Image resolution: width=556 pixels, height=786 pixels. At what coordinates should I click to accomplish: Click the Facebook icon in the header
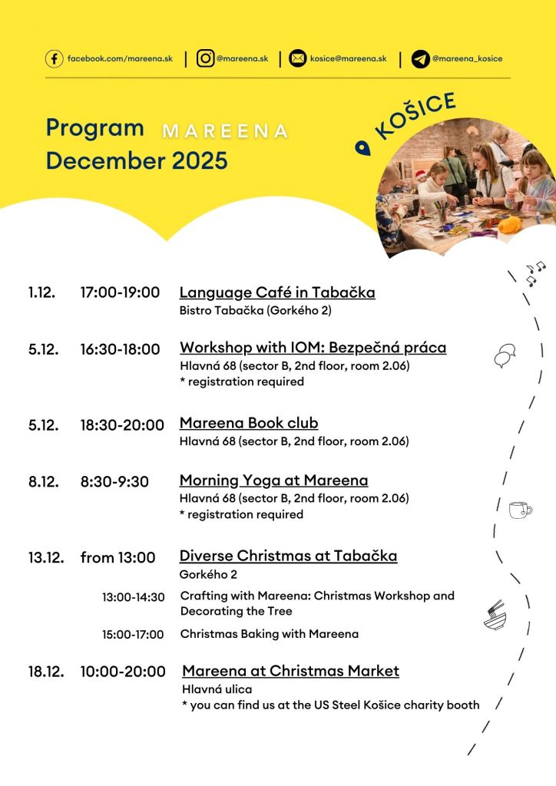click(54, 59)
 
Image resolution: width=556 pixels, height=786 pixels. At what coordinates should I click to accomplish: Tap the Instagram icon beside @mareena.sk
click(205, 59)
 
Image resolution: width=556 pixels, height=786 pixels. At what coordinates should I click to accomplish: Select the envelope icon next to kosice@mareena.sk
click(297, 59)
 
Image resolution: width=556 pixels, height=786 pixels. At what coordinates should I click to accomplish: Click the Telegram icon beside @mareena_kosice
click(420, 59)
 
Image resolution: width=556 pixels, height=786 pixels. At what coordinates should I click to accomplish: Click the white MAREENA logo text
click(225, 131)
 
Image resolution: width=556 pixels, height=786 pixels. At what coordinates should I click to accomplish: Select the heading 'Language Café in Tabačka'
click(277, 292)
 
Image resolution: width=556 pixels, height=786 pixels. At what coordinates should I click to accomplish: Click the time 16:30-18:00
click(120, 349)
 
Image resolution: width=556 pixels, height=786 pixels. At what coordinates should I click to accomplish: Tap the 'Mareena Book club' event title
click(249, 423)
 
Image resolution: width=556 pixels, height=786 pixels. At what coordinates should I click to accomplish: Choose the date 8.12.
click(44, 481)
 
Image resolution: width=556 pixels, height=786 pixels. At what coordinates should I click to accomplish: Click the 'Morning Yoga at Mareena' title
click(273, 481)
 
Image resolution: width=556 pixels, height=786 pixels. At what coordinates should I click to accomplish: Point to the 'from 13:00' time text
click(117, 558)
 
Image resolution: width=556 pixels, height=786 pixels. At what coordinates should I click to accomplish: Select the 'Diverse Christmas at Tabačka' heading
click(288, 556)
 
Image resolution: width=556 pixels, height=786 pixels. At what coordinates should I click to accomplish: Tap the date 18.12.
click(45, 672)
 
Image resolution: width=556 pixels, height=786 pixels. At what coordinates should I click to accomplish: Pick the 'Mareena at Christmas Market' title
click(290, 671)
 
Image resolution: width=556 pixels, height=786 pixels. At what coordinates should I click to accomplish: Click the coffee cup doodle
click(520, 509)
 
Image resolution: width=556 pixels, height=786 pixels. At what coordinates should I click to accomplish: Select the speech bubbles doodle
click(505, 355)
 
